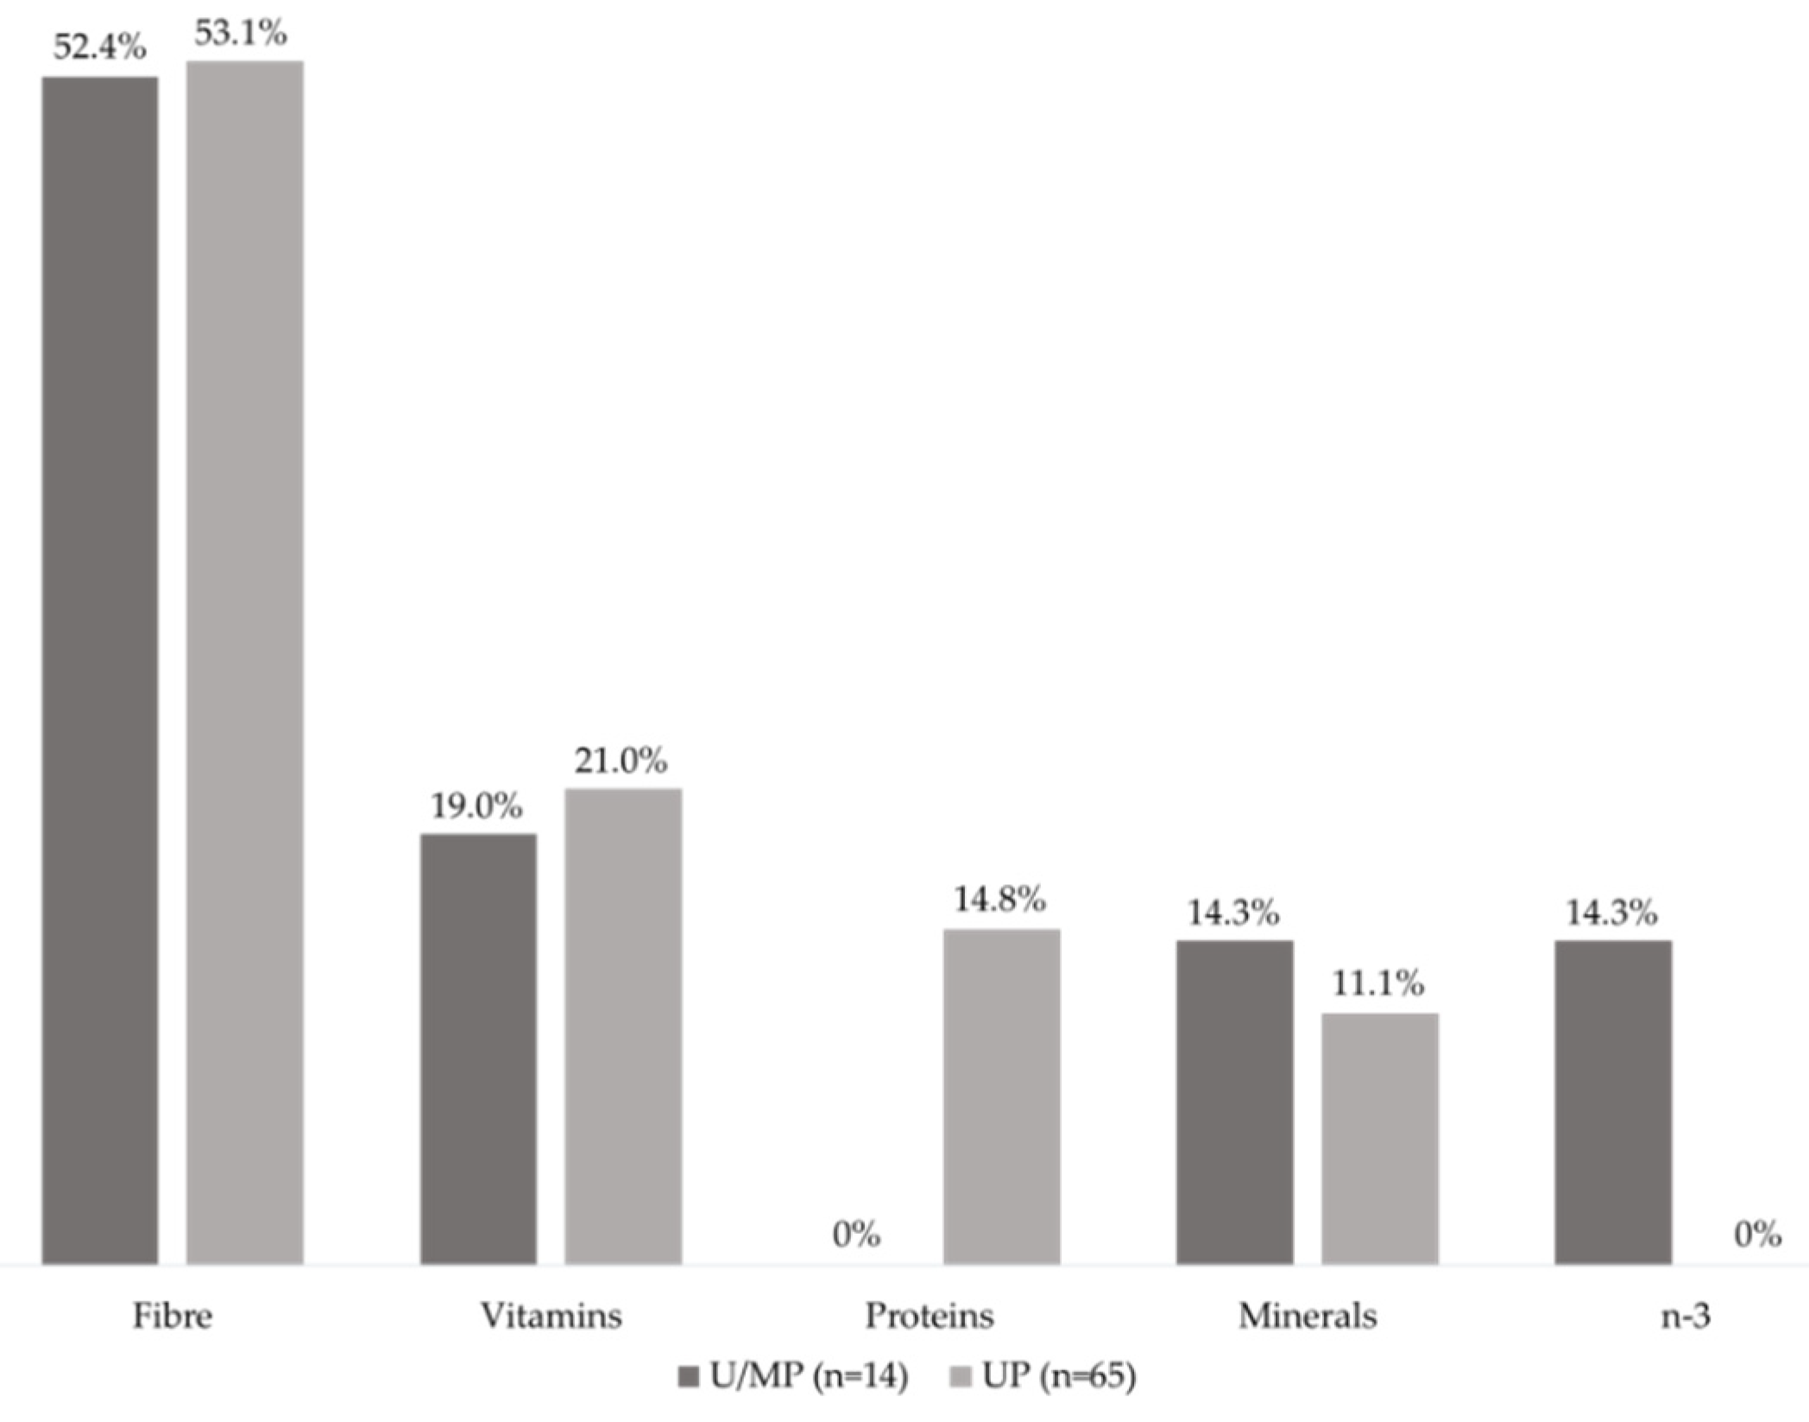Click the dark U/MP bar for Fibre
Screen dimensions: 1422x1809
point(100,670)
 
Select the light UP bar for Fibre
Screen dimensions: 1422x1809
point(245,662)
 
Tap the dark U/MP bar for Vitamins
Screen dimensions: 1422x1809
point(478,1048)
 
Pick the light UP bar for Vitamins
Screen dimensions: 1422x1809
point(623,1026)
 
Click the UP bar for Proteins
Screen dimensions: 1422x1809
point(1001,1097)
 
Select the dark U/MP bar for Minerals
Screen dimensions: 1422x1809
point(1234,1102)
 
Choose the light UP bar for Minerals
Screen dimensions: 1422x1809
point(1379,1138)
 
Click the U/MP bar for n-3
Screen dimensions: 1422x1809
point(1613,1102)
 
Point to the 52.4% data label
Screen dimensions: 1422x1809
point(100,47)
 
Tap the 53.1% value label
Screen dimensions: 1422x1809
point(241,33)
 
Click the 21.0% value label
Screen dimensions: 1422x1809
point(621,761)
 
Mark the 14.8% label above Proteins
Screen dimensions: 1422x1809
point(999,900)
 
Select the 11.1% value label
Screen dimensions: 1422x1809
point(1377,983)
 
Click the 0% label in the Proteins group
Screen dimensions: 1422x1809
point(856,1236)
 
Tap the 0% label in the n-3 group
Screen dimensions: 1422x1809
point(1757,1236)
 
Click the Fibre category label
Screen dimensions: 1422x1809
point(172,1317)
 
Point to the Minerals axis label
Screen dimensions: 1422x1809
point(1307,1317)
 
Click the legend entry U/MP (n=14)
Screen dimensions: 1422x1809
point(794,1376)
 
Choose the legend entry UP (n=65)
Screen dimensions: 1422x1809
point(1044,1376)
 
